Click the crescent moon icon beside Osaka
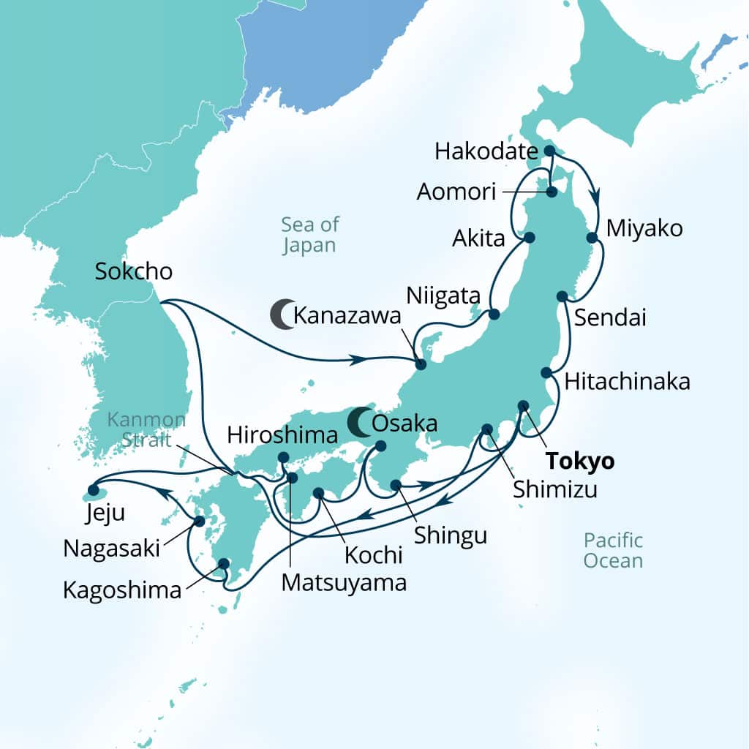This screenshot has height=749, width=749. pos(358,423)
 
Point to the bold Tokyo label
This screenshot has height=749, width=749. pos(580,462)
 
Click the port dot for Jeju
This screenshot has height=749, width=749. pos(93,489)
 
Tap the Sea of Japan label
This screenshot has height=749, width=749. pos(309,234)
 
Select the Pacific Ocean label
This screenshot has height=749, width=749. pos(613,550)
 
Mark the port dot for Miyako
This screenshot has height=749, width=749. pos(592,238)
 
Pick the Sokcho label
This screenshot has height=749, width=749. pos(134,271)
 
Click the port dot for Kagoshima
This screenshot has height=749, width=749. pos(223,563)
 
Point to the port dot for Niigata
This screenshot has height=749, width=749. pos(494,315)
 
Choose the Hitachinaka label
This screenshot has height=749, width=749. pos(627,381)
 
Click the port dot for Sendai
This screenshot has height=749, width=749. pos(562,296)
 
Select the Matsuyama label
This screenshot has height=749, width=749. pos(343,583)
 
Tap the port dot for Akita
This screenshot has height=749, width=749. pos(529,238)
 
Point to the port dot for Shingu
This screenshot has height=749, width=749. pos(396,484)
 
